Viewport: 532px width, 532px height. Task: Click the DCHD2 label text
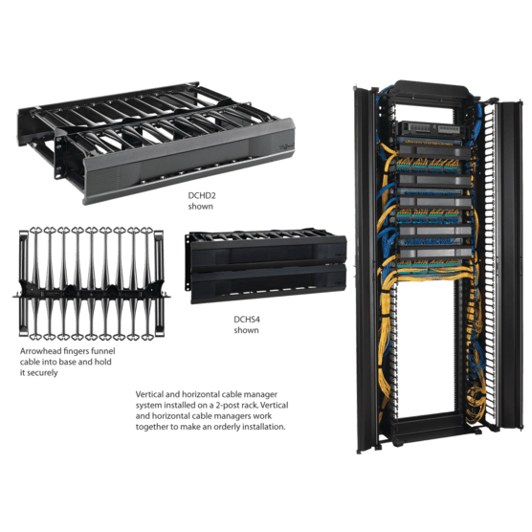pyautogui.click(x=201, y=194)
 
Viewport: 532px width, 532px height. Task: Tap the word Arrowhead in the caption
pyautogui.click(x=37, y=352)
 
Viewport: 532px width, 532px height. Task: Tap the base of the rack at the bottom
pyautogui.click(x=431, y=445)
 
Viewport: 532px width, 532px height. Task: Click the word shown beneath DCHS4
pyautogui.click(x=247, y=330)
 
